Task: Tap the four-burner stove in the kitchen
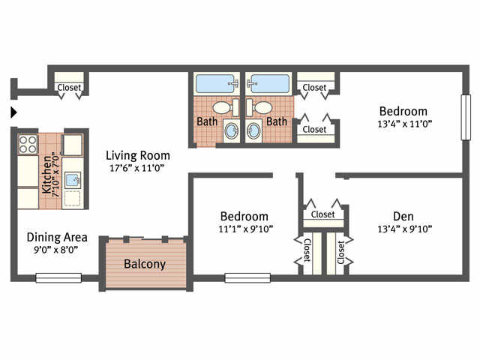28,143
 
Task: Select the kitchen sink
73,179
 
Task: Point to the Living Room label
136,155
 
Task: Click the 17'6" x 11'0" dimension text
136,168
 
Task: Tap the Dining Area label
52,236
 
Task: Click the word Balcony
145,264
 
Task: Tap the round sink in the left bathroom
231,132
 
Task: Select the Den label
403,215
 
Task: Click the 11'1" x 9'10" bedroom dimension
244,229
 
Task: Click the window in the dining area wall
58,277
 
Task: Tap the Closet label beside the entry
70,88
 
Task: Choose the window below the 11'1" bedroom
247,277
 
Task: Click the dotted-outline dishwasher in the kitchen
73,199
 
